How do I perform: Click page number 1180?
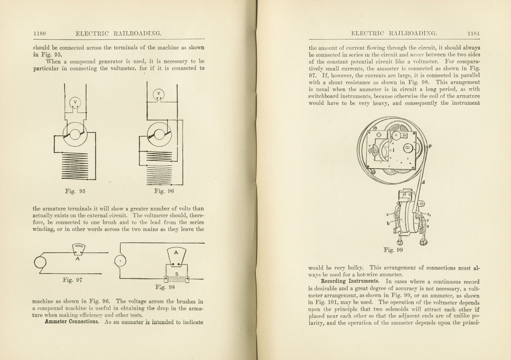40,34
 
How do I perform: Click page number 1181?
474,34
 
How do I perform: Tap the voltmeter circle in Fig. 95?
75,103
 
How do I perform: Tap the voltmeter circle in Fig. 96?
159,94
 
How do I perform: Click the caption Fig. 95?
75,191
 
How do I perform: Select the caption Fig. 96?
164,191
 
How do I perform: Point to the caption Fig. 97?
73,280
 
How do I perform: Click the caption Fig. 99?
393,250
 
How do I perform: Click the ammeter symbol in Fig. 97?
79,249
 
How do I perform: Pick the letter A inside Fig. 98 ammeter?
176,253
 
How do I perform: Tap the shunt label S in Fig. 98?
177,274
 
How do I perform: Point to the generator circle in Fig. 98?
120,261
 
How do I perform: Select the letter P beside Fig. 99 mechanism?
430,146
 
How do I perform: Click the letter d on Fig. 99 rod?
424,182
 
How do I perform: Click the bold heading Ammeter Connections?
72,322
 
